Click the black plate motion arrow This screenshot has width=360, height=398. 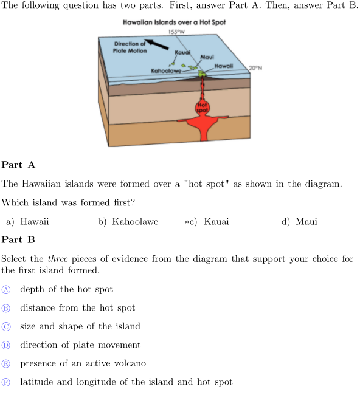pyautogui.click(x=156, y=44)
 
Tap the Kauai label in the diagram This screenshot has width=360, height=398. pyautogui.click(x=182, y=52)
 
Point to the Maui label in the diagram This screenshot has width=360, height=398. pyautogui.click(x=207, y=57)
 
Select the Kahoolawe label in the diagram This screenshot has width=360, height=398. pyautogui.click(x=166, y=71)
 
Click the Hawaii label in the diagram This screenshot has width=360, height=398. pyautogui.click(x=224, y=66)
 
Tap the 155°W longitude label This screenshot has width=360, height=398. pyautogui.click(x=176, y=32)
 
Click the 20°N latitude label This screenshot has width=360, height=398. pyautogui.click(x=255, y=68)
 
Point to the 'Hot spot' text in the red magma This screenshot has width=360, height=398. pyautogui.click(x=202, y=108)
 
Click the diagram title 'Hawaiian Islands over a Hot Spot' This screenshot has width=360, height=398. pyautogui.click(x=175, y=22)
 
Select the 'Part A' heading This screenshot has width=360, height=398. pyautogui.click(x=18, y=165)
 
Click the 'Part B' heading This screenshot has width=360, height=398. pyautogui.click(x=18, y=239)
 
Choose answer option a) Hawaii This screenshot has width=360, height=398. pyautogui.click(x=27, y=222)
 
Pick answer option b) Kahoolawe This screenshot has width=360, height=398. pyautogui.click(x=128, y=222)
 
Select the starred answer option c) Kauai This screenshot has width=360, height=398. pyautogui.click(x=207, y=222)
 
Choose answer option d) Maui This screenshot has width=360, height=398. pyautogui.click(x=299, y=222)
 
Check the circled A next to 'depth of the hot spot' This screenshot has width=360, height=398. pyautogui.click(x=6, y=290)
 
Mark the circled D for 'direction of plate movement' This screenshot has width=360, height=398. pyautogui.click(x=6, y=345)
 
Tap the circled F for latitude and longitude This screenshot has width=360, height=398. pyautogui.click(x=6, y=382)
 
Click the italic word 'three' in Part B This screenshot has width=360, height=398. pyautogui.click(x=58, y=259)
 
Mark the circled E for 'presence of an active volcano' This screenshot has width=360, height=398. pyautogui.click(x=6, y=364)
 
